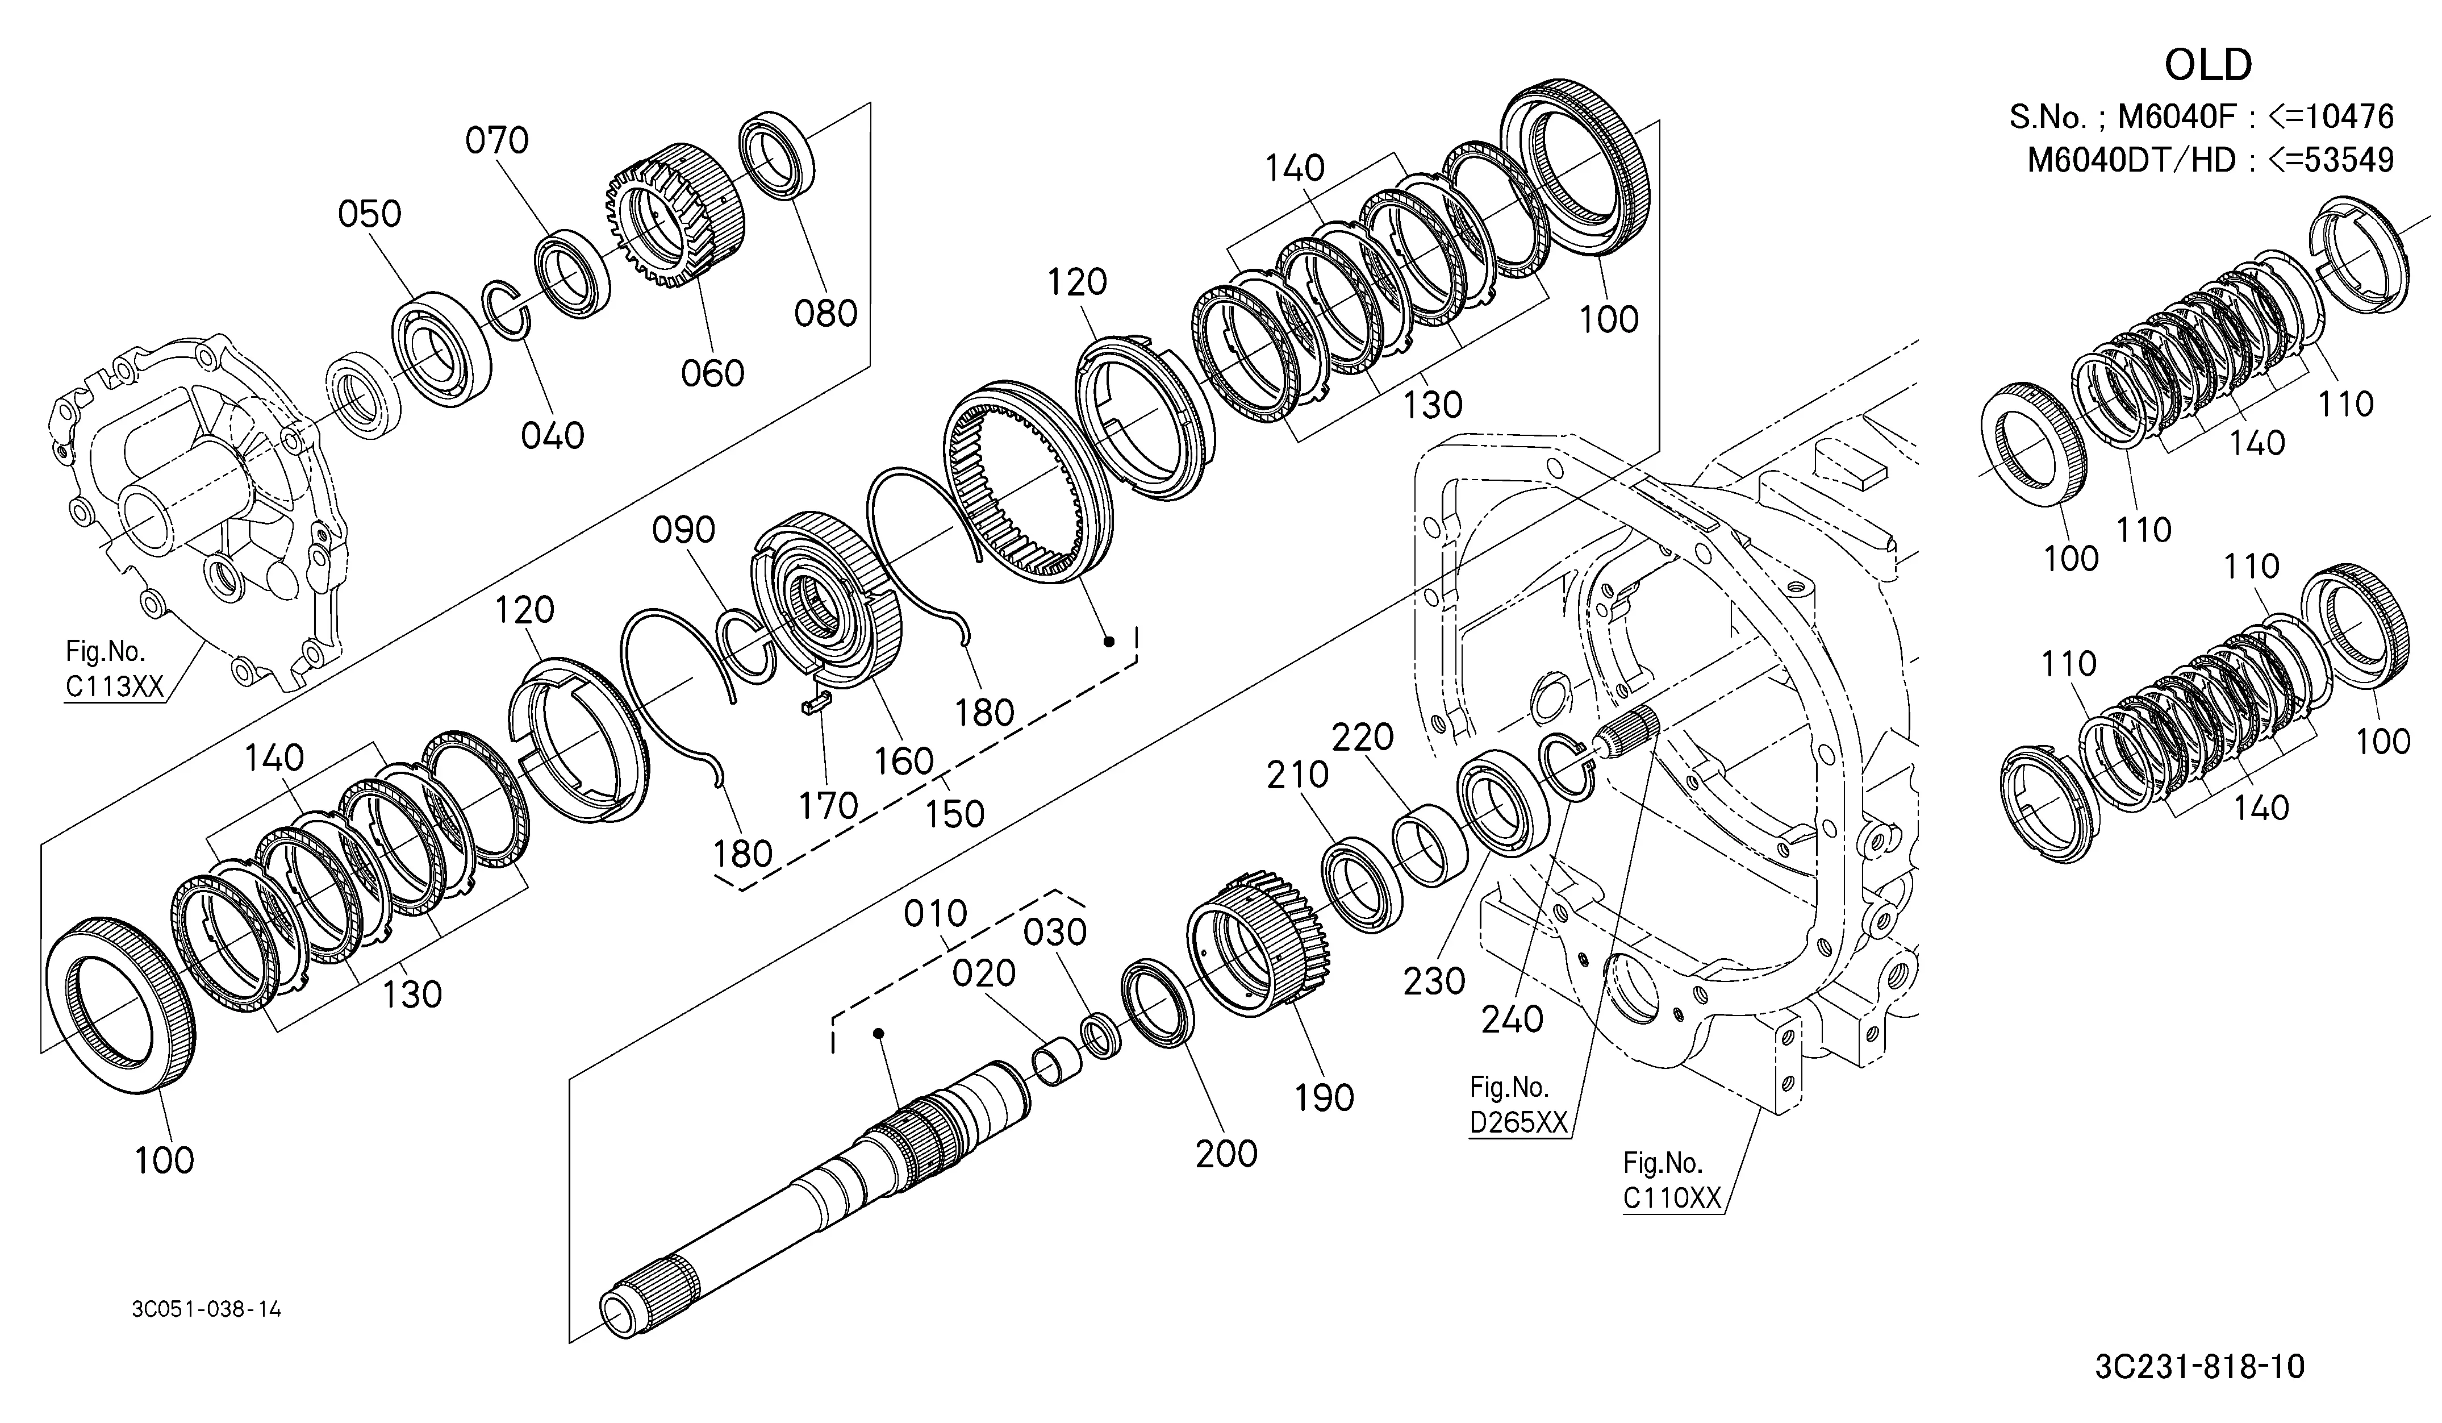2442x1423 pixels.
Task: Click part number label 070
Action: (497, 140)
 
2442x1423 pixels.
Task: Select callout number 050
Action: (370, 213)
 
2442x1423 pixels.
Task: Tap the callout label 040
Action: (552, 435)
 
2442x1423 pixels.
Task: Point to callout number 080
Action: (825, 313)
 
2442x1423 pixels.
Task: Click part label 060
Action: (712, 373)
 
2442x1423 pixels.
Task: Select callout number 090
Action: (684, 530)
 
